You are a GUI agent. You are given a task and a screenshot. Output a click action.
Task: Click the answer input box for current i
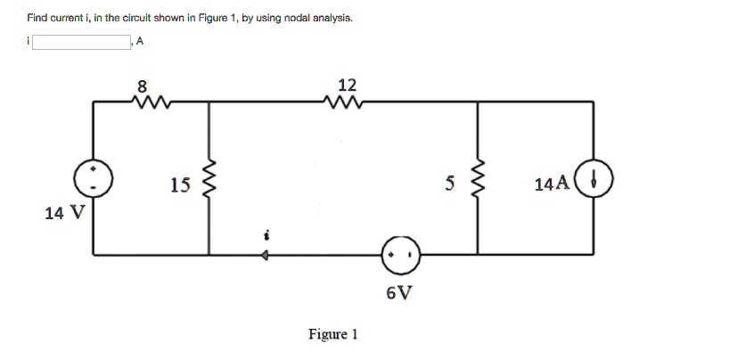82,41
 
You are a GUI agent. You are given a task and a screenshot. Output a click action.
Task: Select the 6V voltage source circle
398,255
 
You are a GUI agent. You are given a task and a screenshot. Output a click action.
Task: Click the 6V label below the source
399,292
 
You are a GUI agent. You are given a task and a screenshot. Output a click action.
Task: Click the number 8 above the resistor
141,86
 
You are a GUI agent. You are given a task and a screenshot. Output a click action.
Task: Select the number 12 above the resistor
348,85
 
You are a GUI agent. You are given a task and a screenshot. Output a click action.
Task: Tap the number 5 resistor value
451,184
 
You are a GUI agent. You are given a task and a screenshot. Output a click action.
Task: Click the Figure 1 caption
332,334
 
